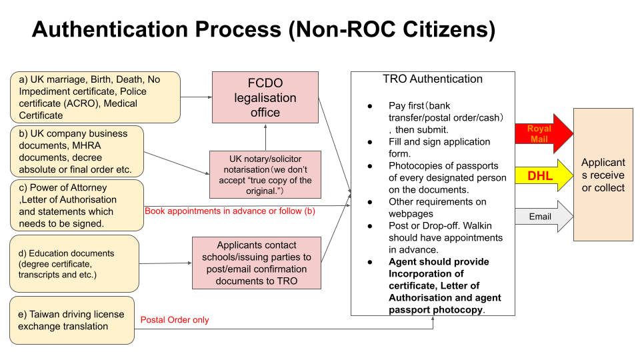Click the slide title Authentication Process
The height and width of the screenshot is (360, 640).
click(263, 30)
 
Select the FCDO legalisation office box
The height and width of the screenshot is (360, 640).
click(265, 98)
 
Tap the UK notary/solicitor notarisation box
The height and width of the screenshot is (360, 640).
click(265, 174)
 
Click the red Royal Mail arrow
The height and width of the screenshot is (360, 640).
click(543, 134)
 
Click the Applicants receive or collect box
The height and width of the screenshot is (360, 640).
click(603, 175)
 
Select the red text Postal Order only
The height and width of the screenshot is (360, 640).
click(175, 320)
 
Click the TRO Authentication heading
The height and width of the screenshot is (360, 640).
click(433, 79)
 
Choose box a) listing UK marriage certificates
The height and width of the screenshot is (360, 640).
click(95, 97)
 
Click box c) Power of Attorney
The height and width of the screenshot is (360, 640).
click(77, 205)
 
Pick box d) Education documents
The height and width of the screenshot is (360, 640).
click(75, 263)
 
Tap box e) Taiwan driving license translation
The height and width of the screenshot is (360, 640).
click(72, 321)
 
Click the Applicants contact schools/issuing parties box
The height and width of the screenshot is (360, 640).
click(257, 263)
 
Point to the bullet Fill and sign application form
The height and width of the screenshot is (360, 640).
click(439, 147)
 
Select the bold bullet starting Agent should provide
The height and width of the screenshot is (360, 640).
click(445, 286)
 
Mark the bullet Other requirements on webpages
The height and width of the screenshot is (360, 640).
click(437, 207)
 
